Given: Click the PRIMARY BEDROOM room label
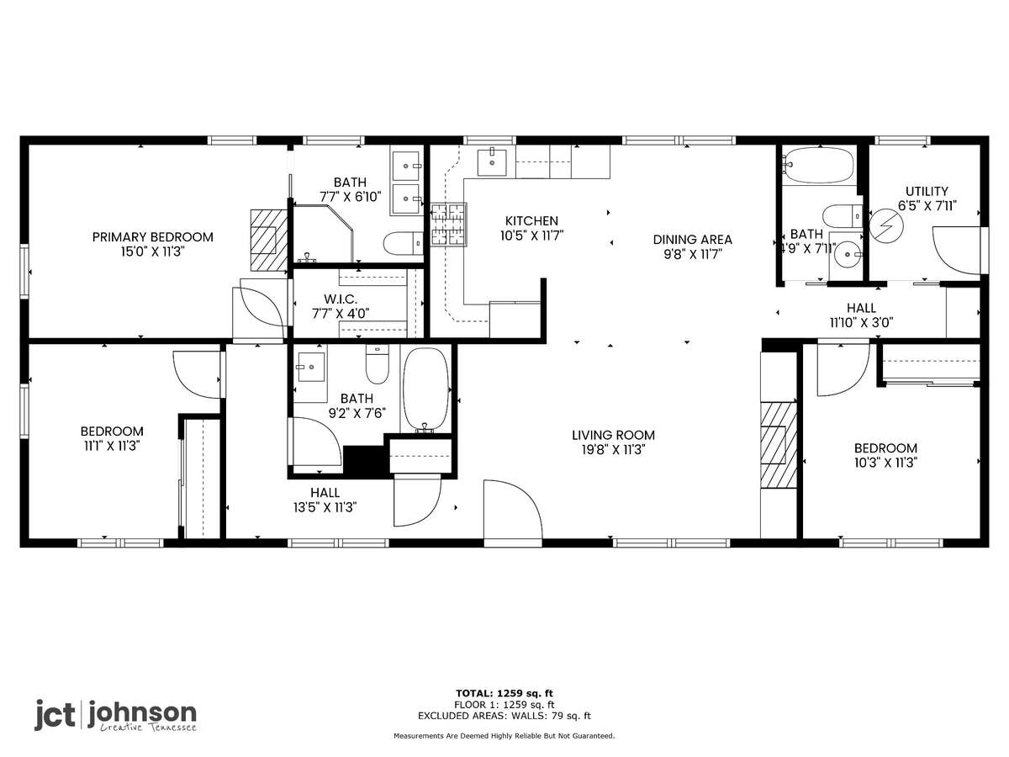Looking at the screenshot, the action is click(153, 237).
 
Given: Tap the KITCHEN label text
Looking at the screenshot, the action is click(531, 220).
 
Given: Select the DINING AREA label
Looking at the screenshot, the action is click(692, 240).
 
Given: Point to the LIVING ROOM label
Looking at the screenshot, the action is click(613, 435).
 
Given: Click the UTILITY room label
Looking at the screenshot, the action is click(927, 191).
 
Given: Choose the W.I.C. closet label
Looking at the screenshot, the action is click(341, 299).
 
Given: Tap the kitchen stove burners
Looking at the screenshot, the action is click(448, 225).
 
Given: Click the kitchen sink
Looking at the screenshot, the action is click(492, 162).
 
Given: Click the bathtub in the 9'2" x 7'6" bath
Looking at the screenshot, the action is click(425, 389).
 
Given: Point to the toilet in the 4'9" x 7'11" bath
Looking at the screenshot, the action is click(843, 216).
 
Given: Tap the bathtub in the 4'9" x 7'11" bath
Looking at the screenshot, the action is click(818, 165).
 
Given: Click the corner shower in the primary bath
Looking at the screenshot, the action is click(324, 234).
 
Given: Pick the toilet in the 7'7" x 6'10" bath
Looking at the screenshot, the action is click(403, 243).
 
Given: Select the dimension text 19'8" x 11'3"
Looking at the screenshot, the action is click(613, 449).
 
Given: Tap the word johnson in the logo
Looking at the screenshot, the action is click(142, 714).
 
